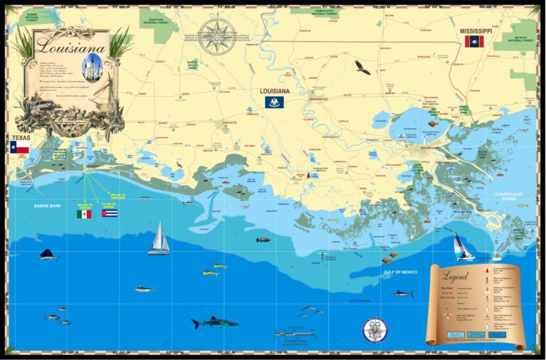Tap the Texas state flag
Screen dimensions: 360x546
coord(20,148)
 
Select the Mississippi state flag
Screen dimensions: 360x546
coord(473,42)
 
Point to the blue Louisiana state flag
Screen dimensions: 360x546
coord(274,102)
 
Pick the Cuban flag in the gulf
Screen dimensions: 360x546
coord(109,212)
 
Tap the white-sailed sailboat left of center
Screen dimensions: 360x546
coord(159,238)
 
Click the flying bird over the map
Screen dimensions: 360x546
coord(363,68)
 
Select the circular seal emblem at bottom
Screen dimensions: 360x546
coord(375,329)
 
